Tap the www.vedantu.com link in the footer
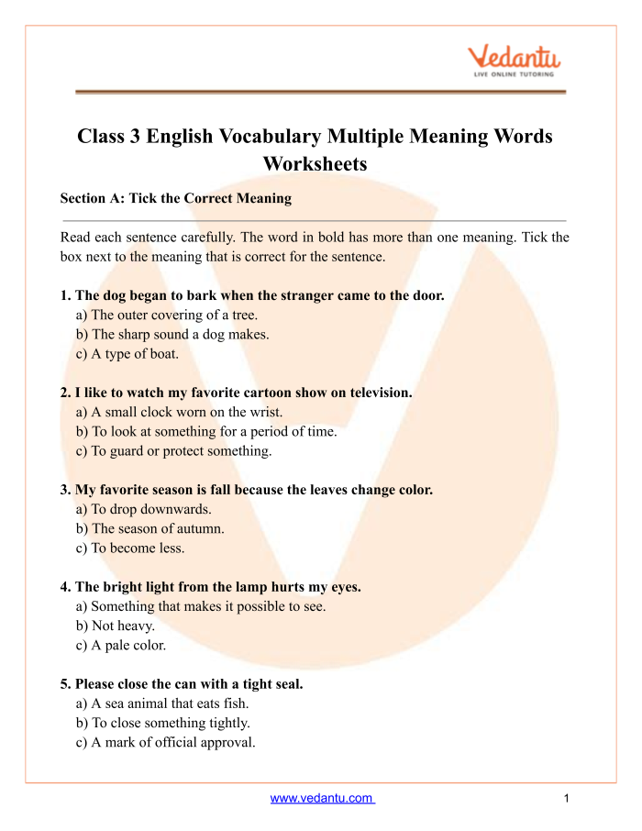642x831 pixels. pyautogui.click(x=322, y=798)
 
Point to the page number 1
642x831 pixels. pyautogui.click(x=567, y=798)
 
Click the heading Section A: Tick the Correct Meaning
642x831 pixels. pyautogui.click(x=175, y=198)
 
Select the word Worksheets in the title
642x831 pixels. pyautogui.click(x=315, y=164)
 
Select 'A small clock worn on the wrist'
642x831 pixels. pyautogui.click(x=180, y=412)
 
